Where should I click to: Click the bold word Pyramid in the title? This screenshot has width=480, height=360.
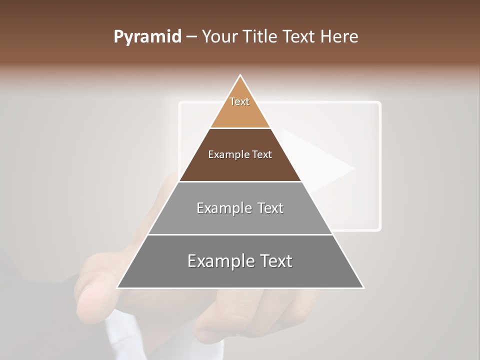tap(147, 36)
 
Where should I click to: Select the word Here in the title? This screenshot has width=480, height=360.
tap(339, 36)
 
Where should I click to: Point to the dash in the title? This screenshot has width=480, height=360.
tap(191, 36)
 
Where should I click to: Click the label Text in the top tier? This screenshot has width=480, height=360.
tap(239, 101)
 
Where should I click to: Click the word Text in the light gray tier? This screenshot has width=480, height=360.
tap(270, 208)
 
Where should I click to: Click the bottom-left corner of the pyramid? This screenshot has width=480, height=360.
tap(118, 287)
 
